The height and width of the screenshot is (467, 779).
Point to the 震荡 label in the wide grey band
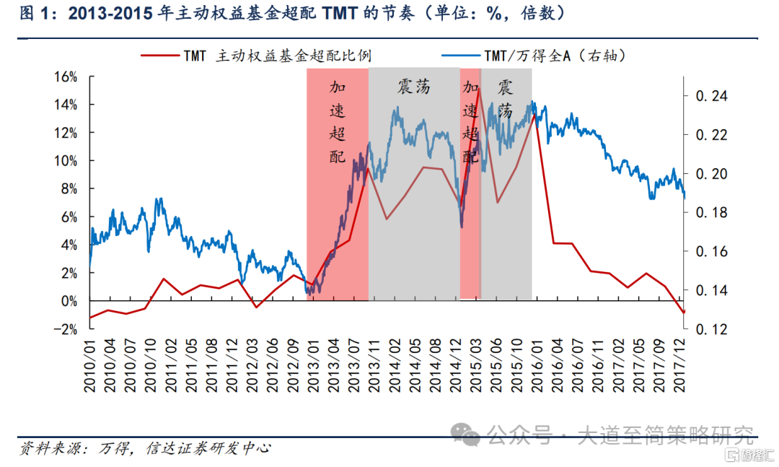(x=413, y=87)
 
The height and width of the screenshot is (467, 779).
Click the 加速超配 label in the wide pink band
(x=338, y=122)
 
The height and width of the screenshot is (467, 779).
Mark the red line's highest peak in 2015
(x=479, y=90)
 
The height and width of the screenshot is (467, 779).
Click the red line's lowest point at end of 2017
(x=684, y=313)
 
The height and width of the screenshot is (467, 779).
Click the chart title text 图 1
(x=33, y=14)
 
